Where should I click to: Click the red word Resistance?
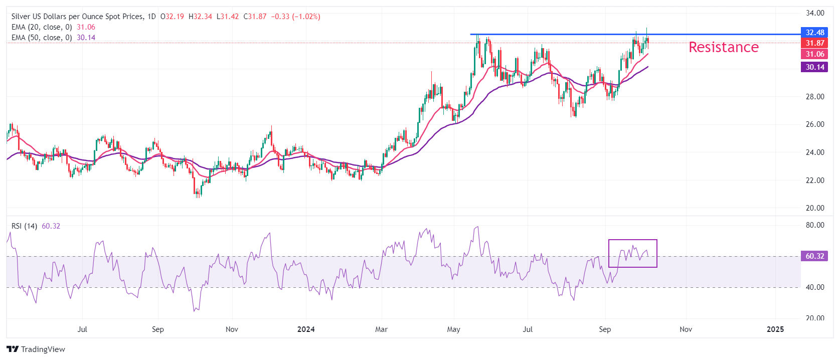723,47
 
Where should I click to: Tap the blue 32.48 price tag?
814,33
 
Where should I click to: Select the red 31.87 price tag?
814,43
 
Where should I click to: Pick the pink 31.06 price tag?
814,54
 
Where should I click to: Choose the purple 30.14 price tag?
814,67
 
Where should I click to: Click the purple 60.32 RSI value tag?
814,256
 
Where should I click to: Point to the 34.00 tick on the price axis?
815,13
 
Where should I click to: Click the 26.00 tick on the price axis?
815,124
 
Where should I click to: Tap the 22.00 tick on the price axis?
815,180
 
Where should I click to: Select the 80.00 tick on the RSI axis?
815,225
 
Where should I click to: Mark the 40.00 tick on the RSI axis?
815,287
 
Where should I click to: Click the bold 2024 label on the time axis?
306,329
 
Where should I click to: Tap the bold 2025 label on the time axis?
775,329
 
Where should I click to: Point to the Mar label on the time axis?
381,329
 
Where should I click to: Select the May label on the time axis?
453,329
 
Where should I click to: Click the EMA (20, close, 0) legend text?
42,27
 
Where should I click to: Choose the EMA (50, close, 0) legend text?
42,38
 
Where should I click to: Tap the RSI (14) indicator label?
24,226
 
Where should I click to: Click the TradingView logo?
36,349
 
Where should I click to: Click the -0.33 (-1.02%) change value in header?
295,17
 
